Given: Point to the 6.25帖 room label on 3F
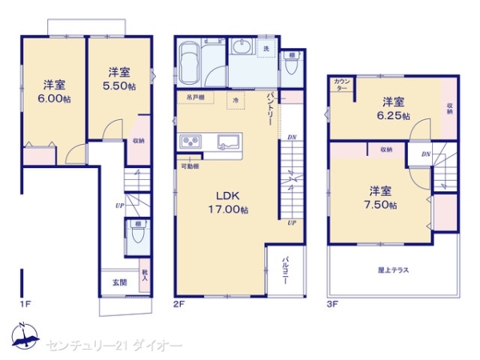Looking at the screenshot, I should [x=394, y=109].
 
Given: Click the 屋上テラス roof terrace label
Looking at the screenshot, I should [x=394, y=270].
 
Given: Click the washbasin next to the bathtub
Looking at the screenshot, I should [x=242, y=49].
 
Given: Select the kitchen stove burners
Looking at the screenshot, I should [x=192, y=142].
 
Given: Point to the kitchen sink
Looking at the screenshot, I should [x=227, y=142].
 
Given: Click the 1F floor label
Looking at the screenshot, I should [x=25, y=305].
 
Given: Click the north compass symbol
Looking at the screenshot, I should [x=26, y=338].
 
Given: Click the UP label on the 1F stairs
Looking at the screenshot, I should [x=118, y=206].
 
